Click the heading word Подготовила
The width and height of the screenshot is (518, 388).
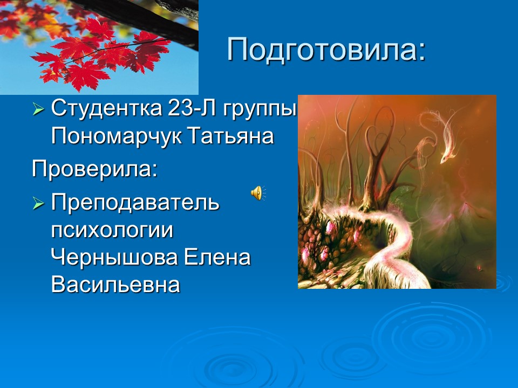coord(321,50)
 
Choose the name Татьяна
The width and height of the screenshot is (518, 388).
coord(231,136)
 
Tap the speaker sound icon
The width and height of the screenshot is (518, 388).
coord(258,192)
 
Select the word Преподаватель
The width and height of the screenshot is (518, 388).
coord(135,204)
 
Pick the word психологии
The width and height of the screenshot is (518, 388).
coord(112,231)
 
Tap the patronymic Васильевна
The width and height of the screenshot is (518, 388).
coord(115,285)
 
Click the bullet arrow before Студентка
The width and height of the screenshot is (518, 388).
coord(38,109)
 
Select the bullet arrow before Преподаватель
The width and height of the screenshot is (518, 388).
coord(38,204)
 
